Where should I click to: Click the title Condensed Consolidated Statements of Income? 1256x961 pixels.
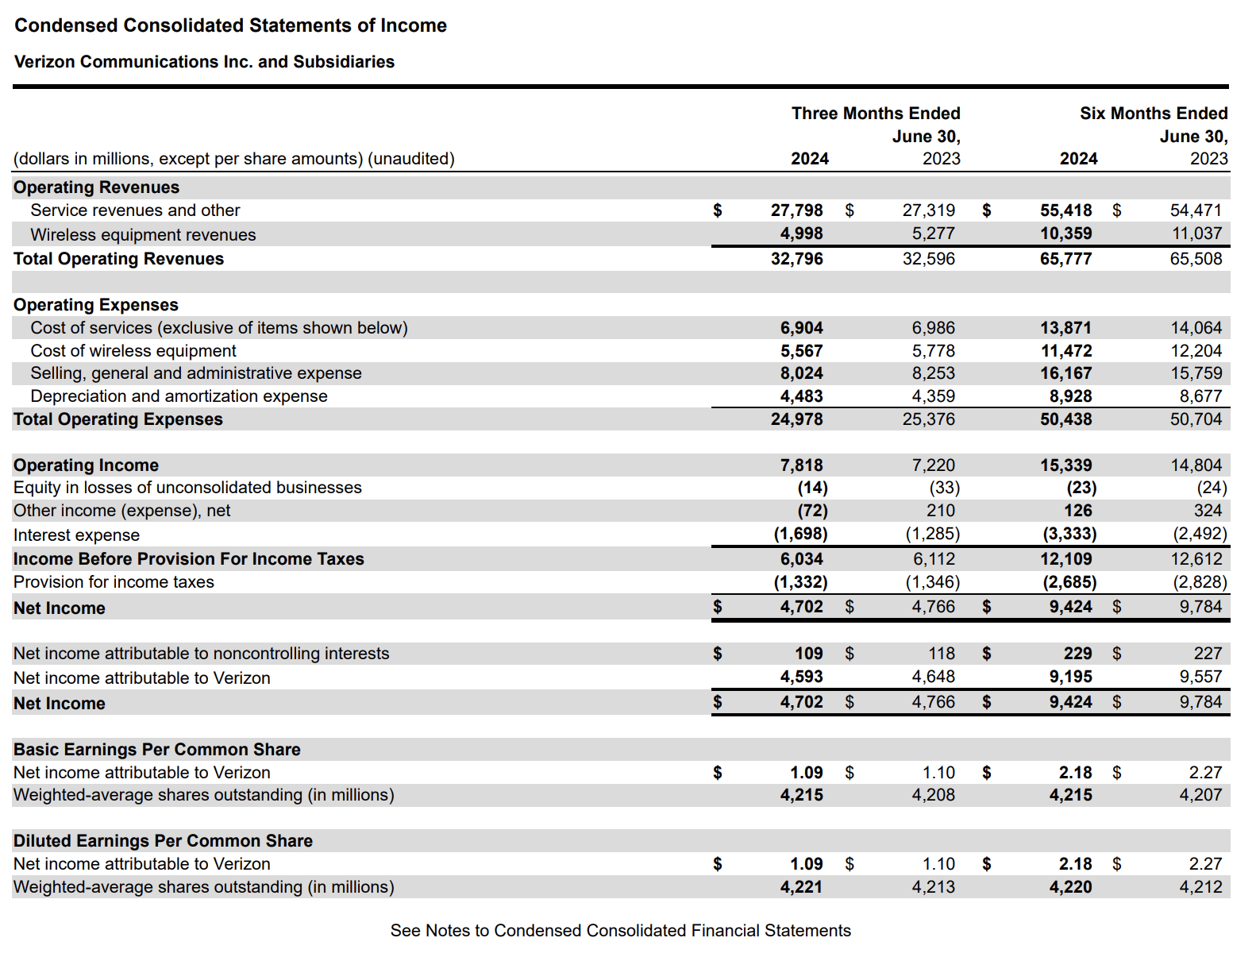point(230,25)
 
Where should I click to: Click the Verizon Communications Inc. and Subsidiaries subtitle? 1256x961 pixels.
point(204,62)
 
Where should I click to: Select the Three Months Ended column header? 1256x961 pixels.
point(875,114)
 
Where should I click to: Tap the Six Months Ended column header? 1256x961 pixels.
point(1153,114)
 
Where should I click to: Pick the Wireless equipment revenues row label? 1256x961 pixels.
point(143,235)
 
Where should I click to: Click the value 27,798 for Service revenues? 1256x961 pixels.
point(796,210)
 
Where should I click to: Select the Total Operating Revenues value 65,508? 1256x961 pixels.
point(1196,259)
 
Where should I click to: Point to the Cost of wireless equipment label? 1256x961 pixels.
point(133,351)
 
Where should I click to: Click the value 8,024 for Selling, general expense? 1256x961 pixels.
point(801,373)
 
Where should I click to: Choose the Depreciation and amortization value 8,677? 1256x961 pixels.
point(1200,396)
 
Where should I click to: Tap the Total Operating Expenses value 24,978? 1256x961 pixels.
point(796,419)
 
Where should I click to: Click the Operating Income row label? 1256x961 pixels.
point(86,465)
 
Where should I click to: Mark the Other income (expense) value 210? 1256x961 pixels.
point(940,511)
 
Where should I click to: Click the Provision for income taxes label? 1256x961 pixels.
point(114,582)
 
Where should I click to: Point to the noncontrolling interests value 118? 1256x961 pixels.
point(942,654)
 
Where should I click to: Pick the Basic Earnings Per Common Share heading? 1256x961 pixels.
point(156,750)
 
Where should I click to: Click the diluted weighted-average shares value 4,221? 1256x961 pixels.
point(801,887)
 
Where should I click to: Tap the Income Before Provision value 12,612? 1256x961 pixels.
point(1196,559)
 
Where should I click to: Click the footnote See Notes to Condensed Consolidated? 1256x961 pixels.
point(620,931)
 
